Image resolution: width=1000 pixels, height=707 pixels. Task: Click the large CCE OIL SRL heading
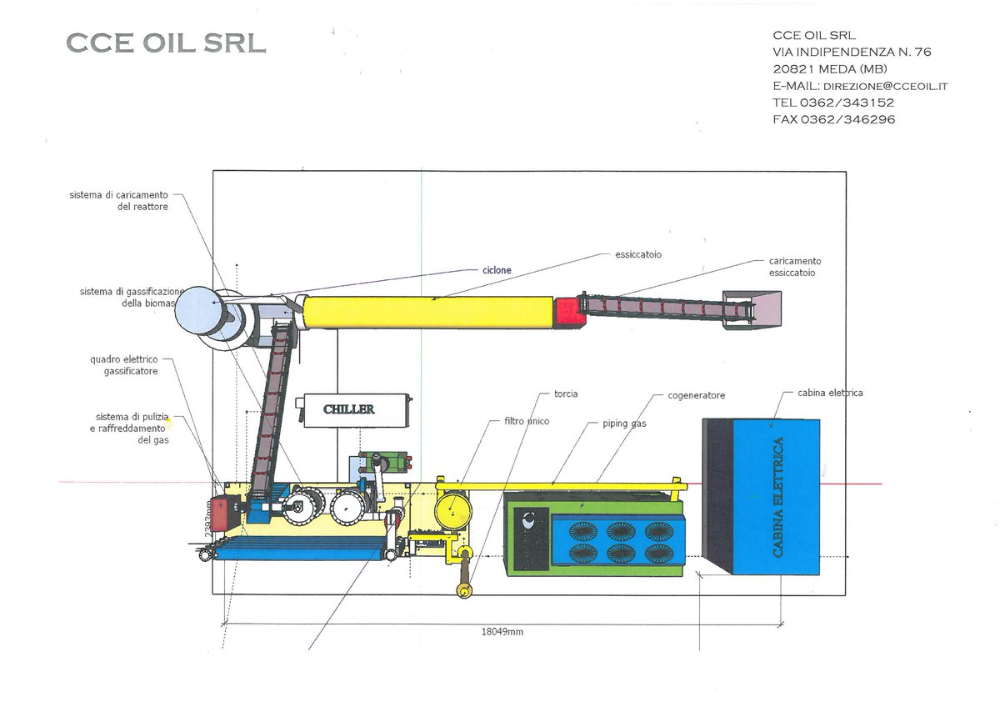tap(166, 43)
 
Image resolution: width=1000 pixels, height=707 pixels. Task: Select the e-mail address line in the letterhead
tap(860, 86)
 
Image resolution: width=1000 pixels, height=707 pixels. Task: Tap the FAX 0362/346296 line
tap(833, 119)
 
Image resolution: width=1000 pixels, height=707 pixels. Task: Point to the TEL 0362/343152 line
tap(833, 103)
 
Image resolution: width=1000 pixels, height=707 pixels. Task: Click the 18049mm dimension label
tap(502, 632)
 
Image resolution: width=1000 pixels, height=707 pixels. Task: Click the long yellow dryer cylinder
tap(428, 313)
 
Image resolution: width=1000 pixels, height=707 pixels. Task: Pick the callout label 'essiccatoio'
tap(638, 254)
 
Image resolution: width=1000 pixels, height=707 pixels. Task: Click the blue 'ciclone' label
tap(497, 270)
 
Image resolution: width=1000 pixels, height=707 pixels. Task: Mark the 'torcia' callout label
tap(566, 394)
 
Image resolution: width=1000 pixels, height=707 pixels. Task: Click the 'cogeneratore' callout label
tap(696, 395)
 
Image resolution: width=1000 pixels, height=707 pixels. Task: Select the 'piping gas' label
tap(625, 424)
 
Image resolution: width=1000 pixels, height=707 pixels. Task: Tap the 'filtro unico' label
tap(527, 421)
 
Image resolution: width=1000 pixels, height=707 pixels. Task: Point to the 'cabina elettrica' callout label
tap(830, 393)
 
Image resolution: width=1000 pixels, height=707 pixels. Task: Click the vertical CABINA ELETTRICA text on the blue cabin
tap(777, 497)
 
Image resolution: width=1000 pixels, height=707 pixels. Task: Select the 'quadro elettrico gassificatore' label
tap(124, 365)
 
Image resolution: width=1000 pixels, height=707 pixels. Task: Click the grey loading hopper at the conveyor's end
tap(751, 309)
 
